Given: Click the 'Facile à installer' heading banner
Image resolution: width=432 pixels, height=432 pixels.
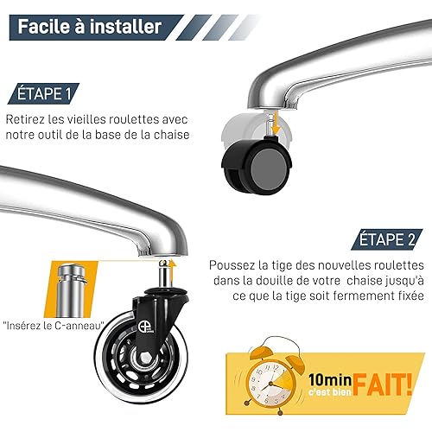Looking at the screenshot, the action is click(96, 27).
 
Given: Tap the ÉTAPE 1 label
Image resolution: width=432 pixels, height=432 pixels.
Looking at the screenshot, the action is click(43, 93).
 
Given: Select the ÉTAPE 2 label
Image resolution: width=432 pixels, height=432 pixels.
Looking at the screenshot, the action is click(387, 239).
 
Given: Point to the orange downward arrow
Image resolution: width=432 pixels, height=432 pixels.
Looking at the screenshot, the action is click(276, 124).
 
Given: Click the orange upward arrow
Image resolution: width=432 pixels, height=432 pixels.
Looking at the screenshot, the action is click(172, 271).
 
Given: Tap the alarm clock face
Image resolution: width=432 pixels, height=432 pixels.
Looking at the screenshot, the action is click(270, 382).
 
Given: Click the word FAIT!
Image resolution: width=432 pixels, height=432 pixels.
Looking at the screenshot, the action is click(383, 384).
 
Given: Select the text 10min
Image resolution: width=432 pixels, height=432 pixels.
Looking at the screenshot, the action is click(330, 380).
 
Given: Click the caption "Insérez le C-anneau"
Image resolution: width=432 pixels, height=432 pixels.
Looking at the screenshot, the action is click(54, 326).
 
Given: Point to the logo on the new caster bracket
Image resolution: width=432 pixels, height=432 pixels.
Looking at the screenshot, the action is click(145, 327).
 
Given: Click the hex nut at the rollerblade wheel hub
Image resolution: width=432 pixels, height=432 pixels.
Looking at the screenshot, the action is click(144, 358).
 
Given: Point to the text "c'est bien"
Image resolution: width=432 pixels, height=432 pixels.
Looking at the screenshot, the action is click(330, 391).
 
